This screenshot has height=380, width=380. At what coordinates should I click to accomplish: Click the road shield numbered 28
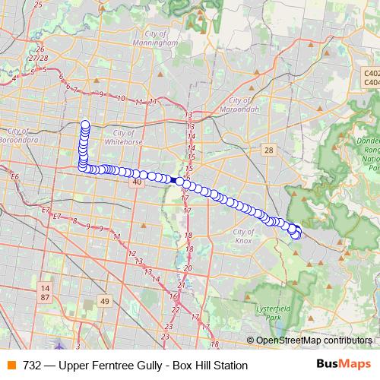click(268, 150)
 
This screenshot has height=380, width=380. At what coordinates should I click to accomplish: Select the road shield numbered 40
click(137, 182)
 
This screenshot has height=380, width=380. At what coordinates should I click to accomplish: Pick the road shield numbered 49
click(105, 301)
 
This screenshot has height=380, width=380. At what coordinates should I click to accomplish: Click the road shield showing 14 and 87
click(45, 293)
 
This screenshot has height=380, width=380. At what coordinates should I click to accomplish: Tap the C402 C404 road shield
click(372, 75)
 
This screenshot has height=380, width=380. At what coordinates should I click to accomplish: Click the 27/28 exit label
click(36, 58)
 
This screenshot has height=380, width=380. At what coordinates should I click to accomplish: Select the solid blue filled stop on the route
click(176, 180)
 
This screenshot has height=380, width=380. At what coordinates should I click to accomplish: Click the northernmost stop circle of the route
click(85, 125)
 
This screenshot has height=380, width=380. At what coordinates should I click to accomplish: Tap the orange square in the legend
click(11, 366)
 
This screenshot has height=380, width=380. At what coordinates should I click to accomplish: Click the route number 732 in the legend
click(32, 366)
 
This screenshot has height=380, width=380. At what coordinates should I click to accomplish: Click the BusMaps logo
click(344, 365)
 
